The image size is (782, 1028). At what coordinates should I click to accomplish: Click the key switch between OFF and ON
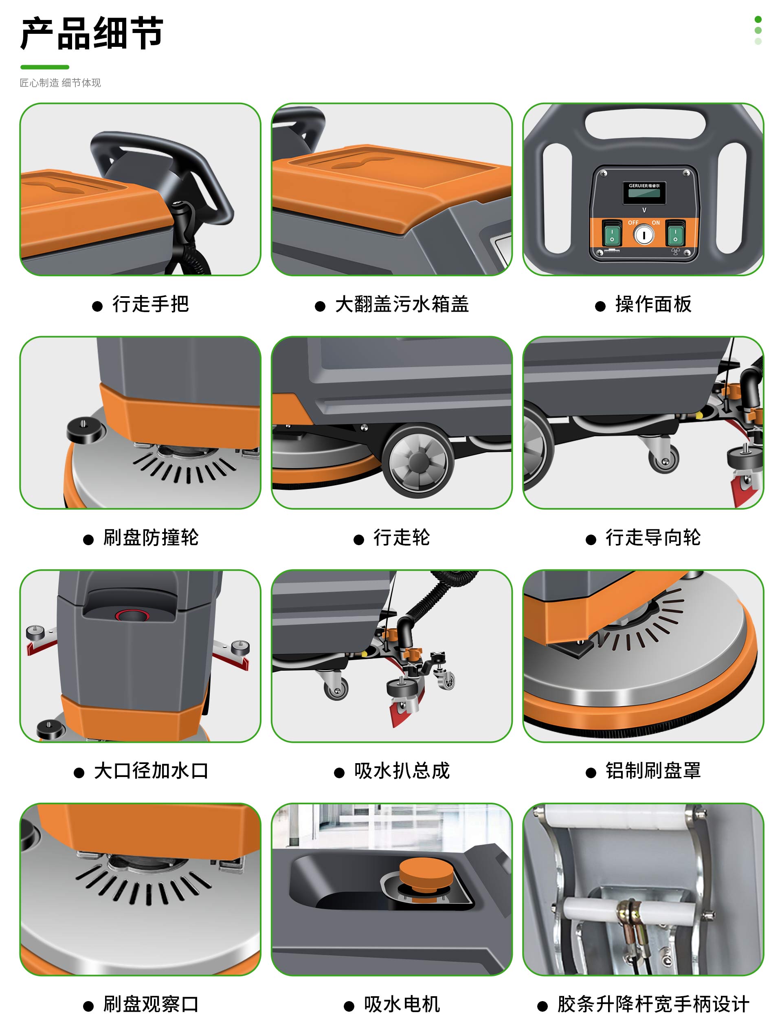click(x=644, y=235)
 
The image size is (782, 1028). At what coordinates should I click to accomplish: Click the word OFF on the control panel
click(x=633, y=222)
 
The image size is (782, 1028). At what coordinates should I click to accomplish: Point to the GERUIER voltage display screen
click(x=644, y=192)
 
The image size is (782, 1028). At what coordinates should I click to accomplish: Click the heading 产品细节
click(x=92, y=33)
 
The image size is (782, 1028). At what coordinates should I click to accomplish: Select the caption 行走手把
click(x=150, y=304)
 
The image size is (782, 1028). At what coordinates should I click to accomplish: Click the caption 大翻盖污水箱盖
click(x=402, y=304)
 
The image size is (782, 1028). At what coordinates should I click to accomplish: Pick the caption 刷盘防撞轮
click(x=151, y=537)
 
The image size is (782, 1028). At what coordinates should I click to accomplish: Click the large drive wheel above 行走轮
click(x=418, y=460)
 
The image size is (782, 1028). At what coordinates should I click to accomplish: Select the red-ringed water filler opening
click(x=132, y=616)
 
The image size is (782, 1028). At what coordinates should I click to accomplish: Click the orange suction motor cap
click(x=426, y=875)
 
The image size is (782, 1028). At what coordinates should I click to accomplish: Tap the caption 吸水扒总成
click(x=402, y=770)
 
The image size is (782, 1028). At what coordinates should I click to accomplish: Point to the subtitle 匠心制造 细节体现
click(x=60, y=83)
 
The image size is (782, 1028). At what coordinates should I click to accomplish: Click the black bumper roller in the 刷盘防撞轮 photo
click(x=84, y=429)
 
